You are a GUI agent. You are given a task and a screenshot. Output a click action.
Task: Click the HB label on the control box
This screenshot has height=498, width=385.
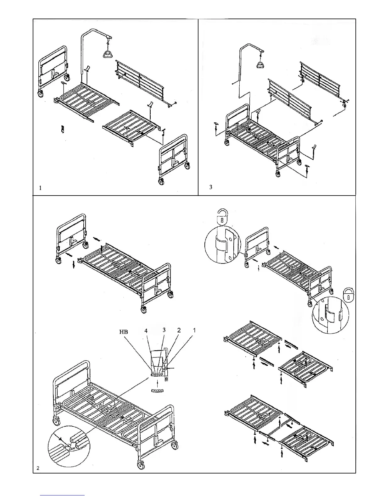point(123,332)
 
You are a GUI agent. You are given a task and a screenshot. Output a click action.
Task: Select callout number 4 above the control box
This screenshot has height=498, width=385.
point(146,331)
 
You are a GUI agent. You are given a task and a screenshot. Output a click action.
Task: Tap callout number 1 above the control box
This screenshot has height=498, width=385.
point(194,330)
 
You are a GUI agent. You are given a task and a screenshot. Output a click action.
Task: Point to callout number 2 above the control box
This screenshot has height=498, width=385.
point(179,330)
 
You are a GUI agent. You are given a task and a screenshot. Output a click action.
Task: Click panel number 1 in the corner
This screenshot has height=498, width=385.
point(40,188)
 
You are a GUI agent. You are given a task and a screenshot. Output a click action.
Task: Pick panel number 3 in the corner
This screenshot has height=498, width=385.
point(211,187)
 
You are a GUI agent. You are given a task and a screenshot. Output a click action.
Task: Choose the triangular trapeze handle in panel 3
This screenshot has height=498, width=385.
point(261,64)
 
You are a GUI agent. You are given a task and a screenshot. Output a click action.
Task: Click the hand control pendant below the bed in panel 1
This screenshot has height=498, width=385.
point(63,129)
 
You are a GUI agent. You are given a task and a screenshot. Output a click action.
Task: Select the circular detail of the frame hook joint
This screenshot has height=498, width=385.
point(68,446)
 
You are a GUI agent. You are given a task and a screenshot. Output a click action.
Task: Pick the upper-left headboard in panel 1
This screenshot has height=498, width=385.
point(53,71)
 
